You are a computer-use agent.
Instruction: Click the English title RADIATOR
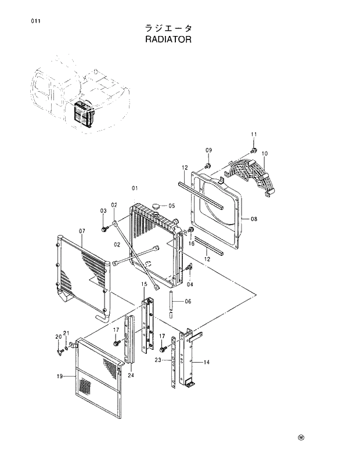[168, 41]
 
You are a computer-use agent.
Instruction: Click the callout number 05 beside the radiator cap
[171, 205]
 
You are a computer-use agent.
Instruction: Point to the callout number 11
[254, 135]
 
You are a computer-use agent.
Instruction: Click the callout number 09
[208, 151]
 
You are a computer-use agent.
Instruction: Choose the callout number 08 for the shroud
[253, 219]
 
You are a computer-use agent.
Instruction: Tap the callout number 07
[82, 231]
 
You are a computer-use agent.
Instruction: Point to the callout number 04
[190, 284]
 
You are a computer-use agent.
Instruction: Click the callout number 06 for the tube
[188, 302]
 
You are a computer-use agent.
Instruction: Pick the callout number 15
[144, 284]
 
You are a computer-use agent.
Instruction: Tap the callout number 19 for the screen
[59, 377]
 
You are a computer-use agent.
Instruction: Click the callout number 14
[206, 362]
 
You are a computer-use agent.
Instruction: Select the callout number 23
[157, 360]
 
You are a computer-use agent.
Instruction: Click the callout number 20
[58, 337]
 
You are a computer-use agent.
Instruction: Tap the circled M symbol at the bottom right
[301, 438]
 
